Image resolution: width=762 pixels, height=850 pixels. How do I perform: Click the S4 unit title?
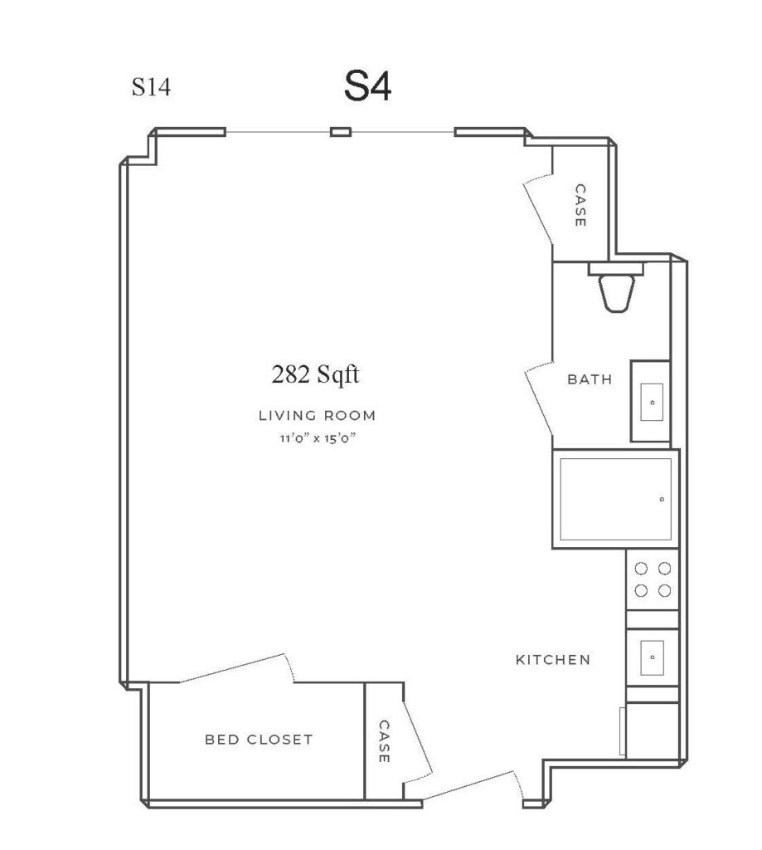(367, 86)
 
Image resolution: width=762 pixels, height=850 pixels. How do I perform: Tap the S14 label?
(151, 86)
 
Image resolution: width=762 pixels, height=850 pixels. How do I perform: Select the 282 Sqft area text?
(315, 374)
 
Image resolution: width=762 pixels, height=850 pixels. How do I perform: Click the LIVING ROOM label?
(317, 416)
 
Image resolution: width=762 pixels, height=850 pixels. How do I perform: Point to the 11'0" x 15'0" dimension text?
(318, 438)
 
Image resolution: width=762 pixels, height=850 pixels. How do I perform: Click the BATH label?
(590, 379)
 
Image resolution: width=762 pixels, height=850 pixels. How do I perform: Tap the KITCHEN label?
(553, 660)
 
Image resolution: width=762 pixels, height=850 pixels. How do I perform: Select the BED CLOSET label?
(259, 740)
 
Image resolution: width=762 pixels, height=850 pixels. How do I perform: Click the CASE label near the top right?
(580, 206)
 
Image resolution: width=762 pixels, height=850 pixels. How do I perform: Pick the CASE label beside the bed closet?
(384, 741)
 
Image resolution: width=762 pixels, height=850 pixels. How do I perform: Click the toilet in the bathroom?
(616, 287)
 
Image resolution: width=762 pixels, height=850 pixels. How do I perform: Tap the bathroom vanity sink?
(651, 401)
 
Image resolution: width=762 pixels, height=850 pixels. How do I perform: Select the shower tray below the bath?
(616, 499)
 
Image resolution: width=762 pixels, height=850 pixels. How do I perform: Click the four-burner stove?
(653, 579)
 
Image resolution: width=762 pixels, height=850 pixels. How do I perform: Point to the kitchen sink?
(652, 657)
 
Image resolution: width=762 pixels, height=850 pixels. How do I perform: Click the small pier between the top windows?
(341, 132)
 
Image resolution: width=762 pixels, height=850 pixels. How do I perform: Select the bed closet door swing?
(236, 668)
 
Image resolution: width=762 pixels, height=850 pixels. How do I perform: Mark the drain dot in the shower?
(662, 499)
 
